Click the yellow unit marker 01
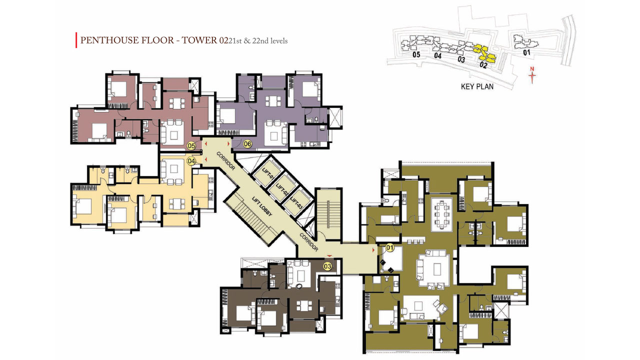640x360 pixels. click(x=389, y=247)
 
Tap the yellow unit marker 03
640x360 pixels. click(x=327, y=266)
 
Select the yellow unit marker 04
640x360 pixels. click(x=191, y=161)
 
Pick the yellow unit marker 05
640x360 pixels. click(x=191, y=146)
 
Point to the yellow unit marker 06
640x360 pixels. click(x=247, y=144)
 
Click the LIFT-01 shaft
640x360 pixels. click(x=266, y=173)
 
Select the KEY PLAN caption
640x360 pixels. click(x=477, y=86)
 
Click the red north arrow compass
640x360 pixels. click(x=532, y=75)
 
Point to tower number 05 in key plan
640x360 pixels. click(x=416, y=54)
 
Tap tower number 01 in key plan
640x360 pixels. click(x=526, y=52)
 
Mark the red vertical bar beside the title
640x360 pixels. click(x=76, y=40)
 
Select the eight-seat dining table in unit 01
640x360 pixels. click(x=441, y=215)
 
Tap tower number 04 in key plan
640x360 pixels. click(x=437, y=55)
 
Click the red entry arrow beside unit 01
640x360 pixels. click(x=373, y=250)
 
